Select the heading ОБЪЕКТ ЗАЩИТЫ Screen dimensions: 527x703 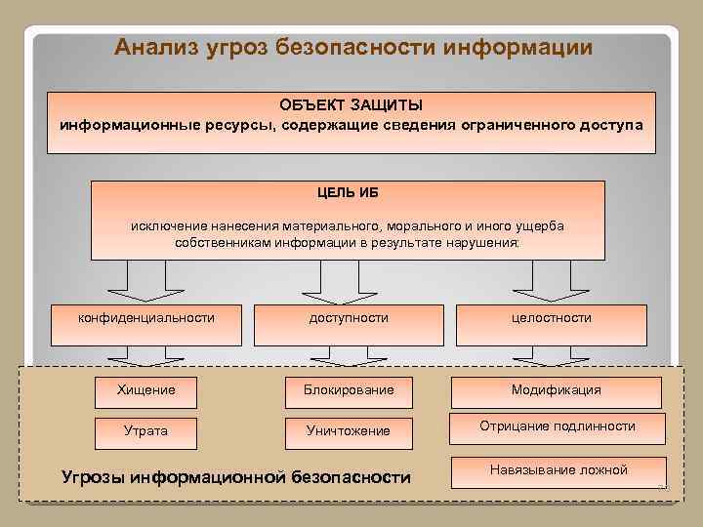(351, 105)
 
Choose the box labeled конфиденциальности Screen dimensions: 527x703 (146, 318)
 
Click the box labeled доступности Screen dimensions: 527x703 (349, 318)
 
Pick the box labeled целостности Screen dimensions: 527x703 (551, 318)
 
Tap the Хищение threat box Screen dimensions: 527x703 (146, 390)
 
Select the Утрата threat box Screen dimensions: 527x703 (146, 430)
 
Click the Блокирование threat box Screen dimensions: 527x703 (349, 390)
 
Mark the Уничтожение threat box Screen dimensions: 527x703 (349, 430)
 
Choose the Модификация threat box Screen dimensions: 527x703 (557, 390)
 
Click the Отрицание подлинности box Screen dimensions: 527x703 (557, 426)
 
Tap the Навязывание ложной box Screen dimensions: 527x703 (557, 470)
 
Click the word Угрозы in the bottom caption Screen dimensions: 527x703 (93, 477)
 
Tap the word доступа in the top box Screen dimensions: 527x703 (614, 126)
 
